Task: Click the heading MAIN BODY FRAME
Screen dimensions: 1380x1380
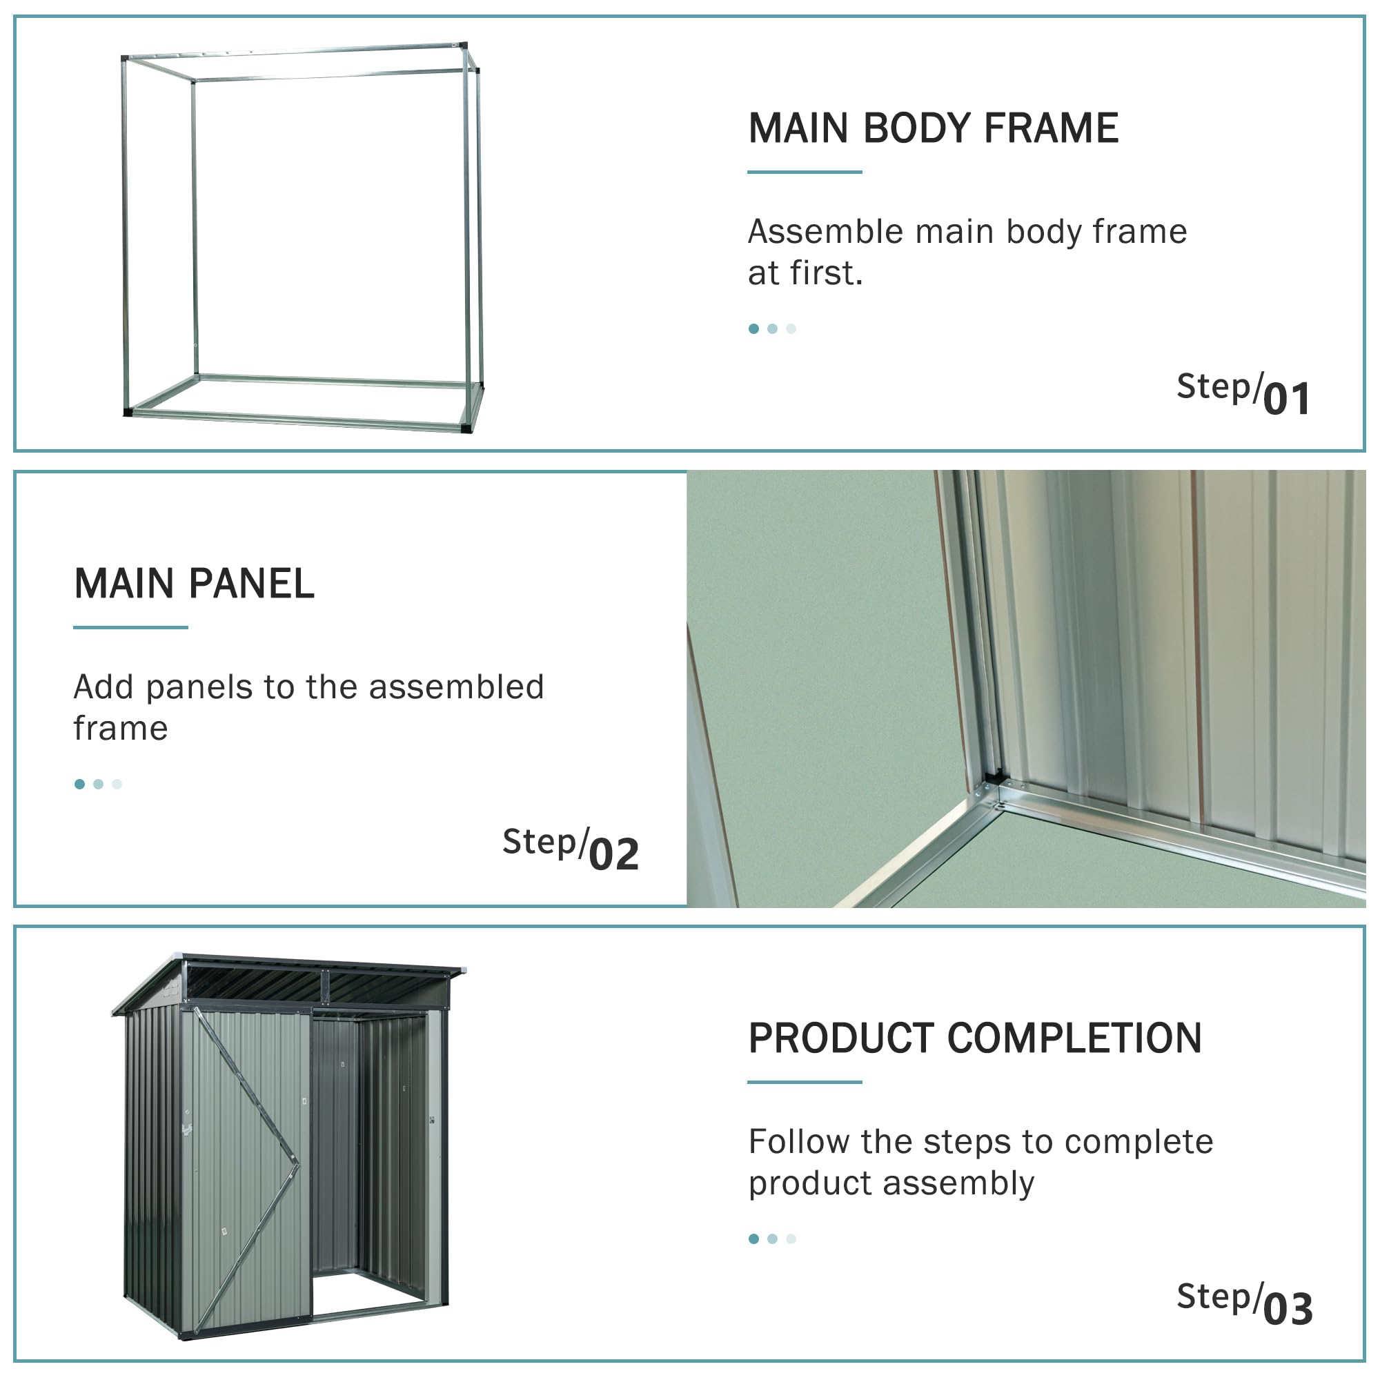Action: tap(933, 128)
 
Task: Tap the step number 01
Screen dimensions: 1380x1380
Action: tap(1287, 399)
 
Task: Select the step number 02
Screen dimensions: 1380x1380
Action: tap(613, 854)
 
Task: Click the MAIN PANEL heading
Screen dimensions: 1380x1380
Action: tap(195, 584)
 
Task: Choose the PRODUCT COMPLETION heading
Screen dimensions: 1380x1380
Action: tap(975, 1038)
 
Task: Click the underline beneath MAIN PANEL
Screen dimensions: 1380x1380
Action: tap(130, 627)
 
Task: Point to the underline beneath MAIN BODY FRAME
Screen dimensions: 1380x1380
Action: tap(805, 171)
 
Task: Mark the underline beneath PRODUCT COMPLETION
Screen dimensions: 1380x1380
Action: tap(805, 1082)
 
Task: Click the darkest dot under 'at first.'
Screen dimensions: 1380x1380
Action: tap(753, 328)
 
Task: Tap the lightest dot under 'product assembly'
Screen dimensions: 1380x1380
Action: tap(791, 1239)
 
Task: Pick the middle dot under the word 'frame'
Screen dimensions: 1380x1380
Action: tap(99, 785)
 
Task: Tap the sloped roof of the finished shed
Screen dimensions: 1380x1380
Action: tap(286, 982)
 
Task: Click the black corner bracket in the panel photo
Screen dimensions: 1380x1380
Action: tap(993, 777)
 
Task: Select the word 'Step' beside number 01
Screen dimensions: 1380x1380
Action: tap(1214, 388)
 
